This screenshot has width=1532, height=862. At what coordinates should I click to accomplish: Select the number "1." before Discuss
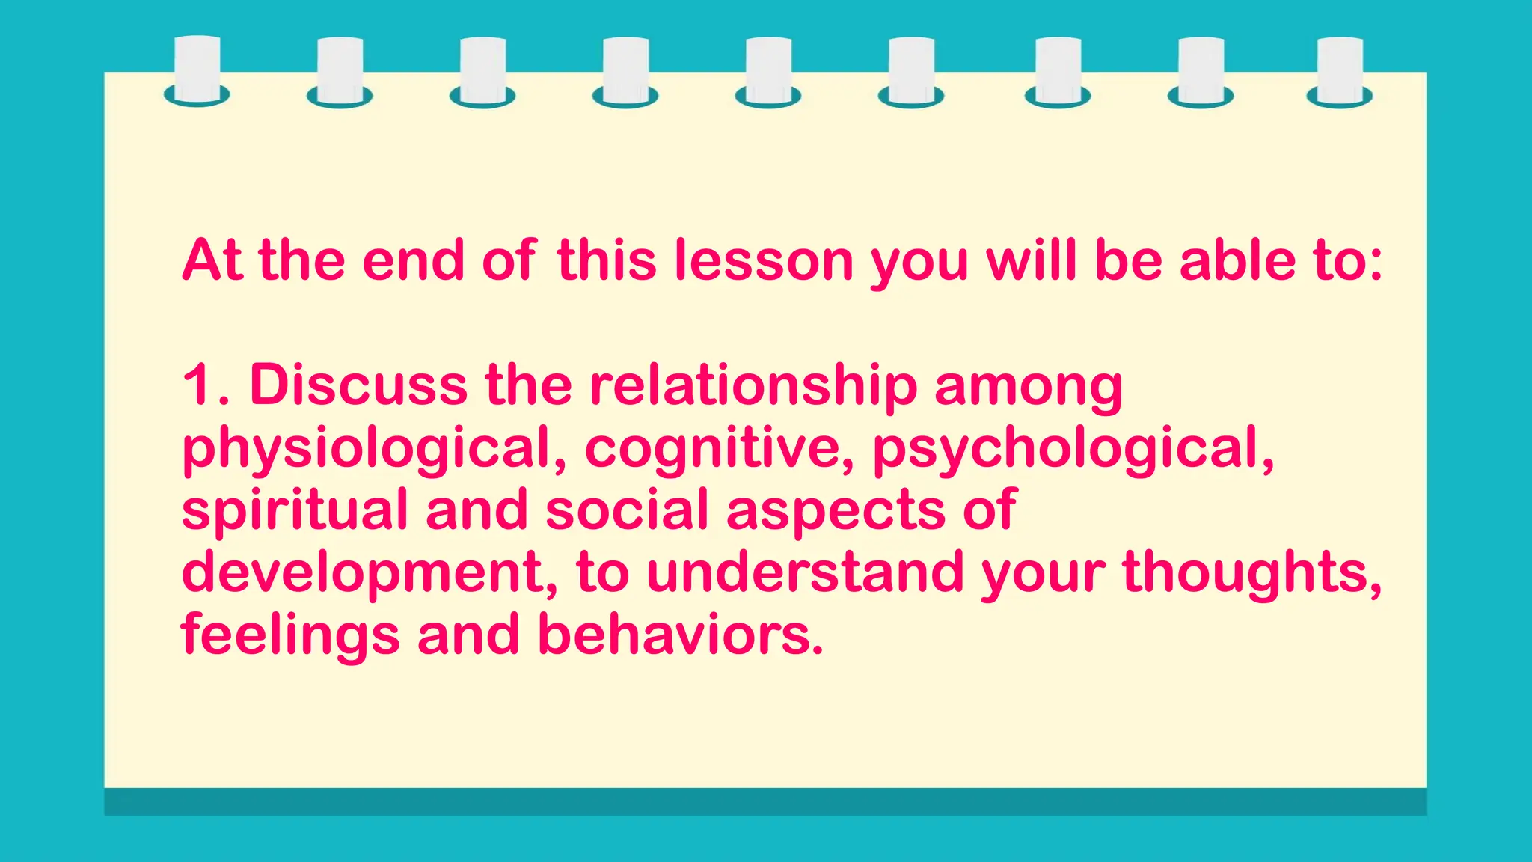206,385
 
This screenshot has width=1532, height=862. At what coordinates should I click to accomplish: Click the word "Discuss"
358,385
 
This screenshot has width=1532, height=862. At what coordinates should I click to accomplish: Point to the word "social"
627,510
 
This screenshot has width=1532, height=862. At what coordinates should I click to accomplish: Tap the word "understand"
805,572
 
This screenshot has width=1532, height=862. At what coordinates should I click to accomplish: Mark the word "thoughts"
1251,572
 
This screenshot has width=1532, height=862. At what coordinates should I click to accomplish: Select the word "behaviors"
680,635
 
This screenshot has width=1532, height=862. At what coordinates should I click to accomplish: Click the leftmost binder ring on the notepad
197,72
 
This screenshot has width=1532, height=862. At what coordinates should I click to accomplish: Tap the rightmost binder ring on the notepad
1339,72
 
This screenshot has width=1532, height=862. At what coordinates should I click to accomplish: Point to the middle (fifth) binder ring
768,72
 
